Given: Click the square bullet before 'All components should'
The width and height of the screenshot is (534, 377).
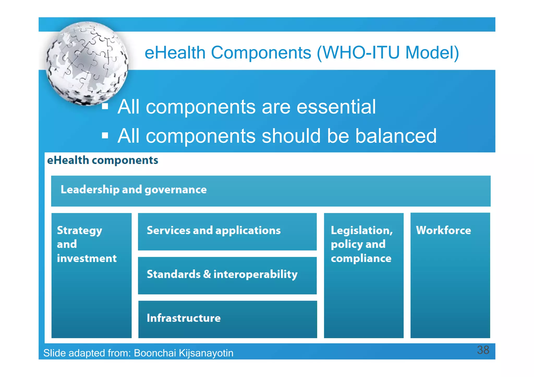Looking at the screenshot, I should (x=105, y=135).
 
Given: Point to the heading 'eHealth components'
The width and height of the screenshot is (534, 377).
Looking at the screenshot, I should (x=102, y=160).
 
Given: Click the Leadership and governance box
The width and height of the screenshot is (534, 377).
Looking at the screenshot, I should (x=271, y=191).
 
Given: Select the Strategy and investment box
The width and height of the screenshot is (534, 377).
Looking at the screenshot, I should (x=91, y=275).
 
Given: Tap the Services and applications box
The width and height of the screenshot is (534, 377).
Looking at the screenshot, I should (x=227, y=231).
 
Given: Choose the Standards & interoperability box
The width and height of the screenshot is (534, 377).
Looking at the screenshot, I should (x=227, y=275).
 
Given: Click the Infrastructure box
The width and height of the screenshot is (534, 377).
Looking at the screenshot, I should (x=227, y=319).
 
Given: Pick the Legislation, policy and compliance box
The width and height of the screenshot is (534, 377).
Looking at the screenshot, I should (x=363, y=275).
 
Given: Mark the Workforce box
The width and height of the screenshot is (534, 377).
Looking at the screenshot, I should (x=450, y=275).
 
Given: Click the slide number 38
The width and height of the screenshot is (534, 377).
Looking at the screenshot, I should (x=483, y=350).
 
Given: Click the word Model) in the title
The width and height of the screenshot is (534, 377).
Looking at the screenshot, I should (x=432, y=53).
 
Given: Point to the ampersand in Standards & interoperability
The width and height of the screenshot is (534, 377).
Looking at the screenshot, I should (x=207, y=274).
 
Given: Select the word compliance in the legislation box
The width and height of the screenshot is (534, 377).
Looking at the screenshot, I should (x=361, y=258).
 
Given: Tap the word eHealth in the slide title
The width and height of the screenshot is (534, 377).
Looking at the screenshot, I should (x=175, y=53).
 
